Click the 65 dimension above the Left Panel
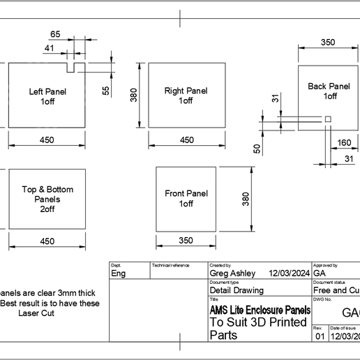click(55, 34)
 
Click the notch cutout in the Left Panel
click(71, 68)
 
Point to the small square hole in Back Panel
click(327, 121)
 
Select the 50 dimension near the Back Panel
click(257, 148)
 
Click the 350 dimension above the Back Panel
click(328, 42)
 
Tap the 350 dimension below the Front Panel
click(185, 241)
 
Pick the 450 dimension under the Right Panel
click(187, 140)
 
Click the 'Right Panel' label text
click(186, 91)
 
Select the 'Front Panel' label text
click(186, 194)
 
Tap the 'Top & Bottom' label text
click(47, 190)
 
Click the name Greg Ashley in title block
click(233, 273)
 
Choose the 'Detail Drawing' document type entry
click(237, 290)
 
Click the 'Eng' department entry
click(119, 273)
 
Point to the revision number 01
click(320, 336)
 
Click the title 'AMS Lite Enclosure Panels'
click(260, 309)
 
